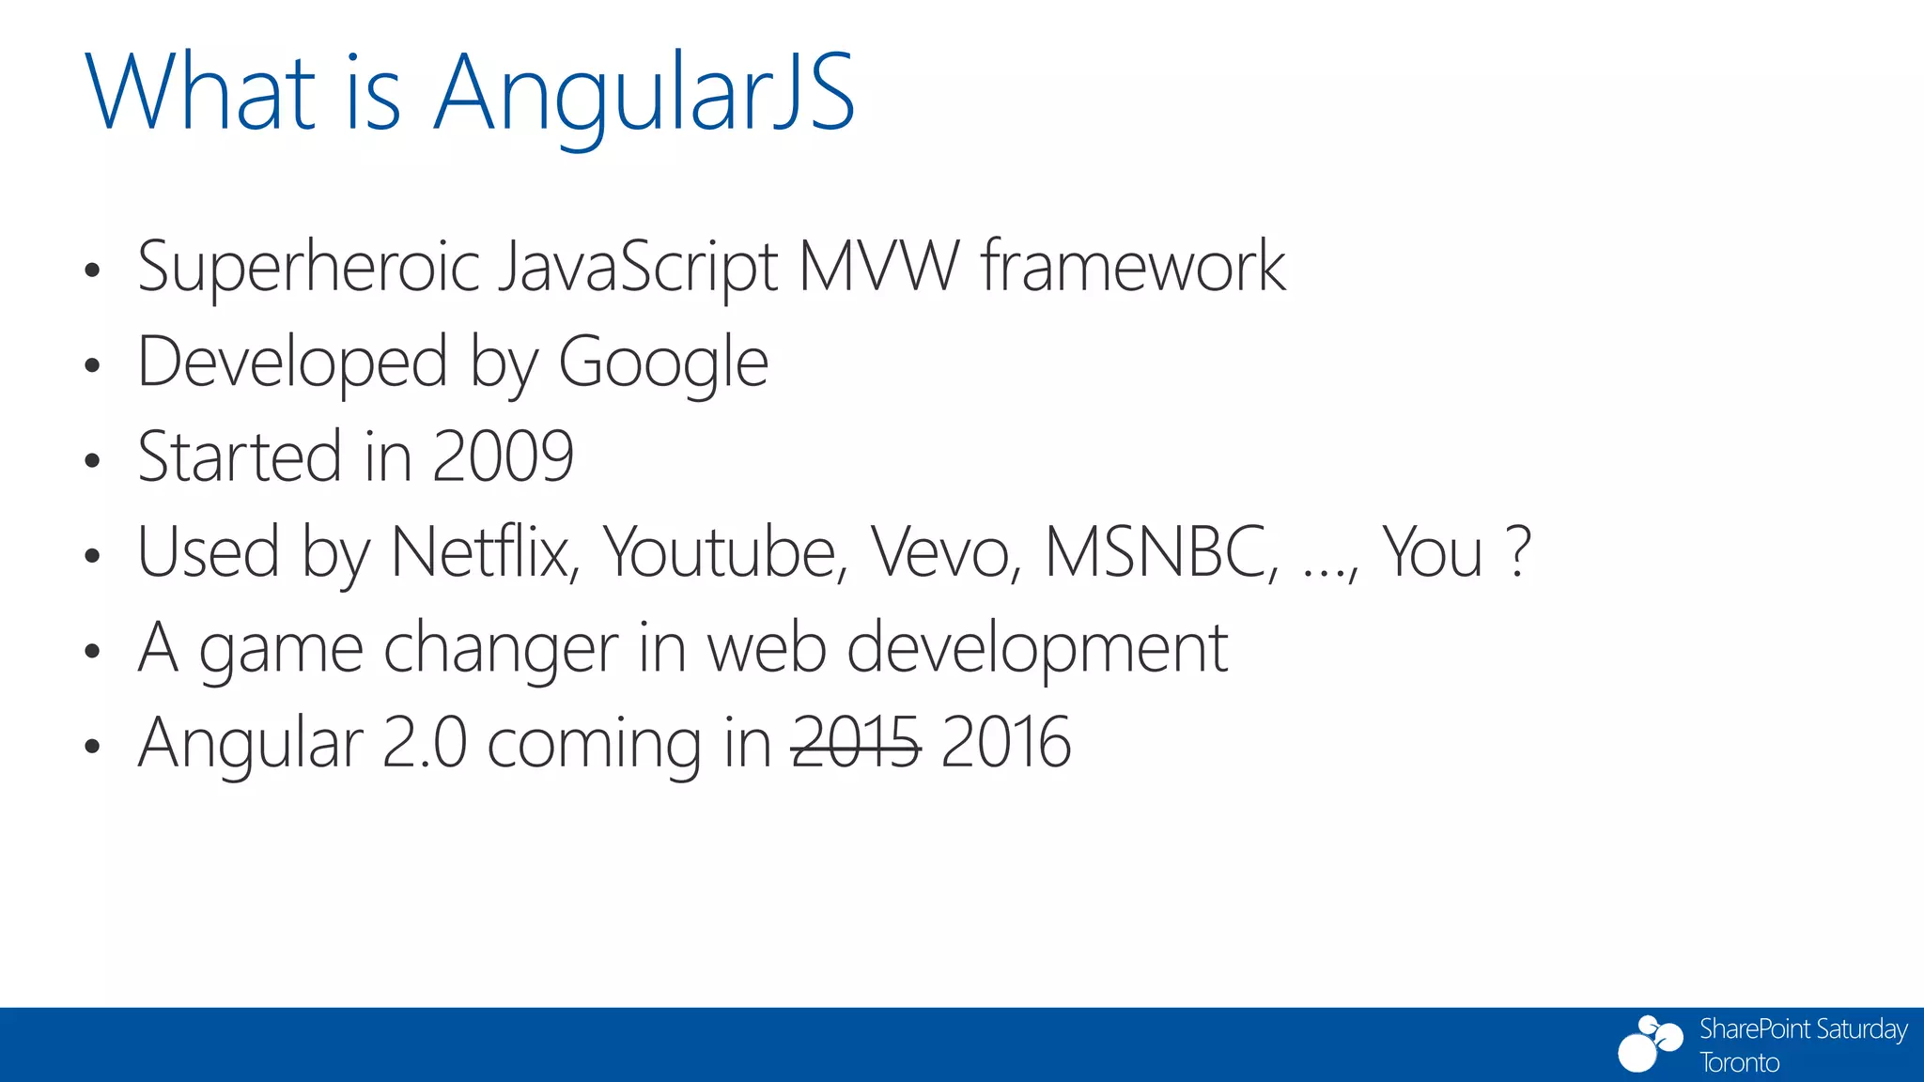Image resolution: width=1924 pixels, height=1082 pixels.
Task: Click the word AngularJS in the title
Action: pyautogui.click(x=644, y=94)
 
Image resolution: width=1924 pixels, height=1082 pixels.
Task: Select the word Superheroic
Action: pyautogui.click(x=309, y=269)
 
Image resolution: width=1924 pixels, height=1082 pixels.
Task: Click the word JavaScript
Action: pyautogui.click(x=639, y=269)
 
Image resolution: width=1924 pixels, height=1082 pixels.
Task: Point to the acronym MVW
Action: pyautogui.click(x=879, y=267)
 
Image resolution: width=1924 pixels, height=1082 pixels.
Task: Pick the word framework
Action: pyautogui.click(x=1133, y=267)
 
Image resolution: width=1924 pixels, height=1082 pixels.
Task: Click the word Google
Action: pyautogui.click(x=663, y=364)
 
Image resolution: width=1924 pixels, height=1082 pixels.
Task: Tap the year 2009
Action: pyautogui.click(x=504, y=457)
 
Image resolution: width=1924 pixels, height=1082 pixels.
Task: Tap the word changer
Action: pyautogui.click(x=501, y=649)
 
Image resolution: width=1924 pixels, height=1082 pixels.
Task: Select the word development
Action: pyautogui.click(x=1037, y=649)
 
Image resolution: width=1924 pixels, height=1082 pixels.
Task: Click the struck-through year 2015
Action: pyautogui.click(x=856, y=743)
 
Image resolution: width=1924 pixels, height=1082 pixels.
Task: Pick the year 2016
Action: pyautogui.click(x=1005, y=743)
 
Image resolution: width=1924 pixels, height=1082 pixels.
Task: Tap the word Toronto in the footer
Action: pyautogui.click(x=1739, y=1063)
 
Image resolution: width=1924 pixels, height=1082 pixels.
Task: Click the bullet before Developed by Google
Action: pyautogui.click(x=91, y=365)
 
